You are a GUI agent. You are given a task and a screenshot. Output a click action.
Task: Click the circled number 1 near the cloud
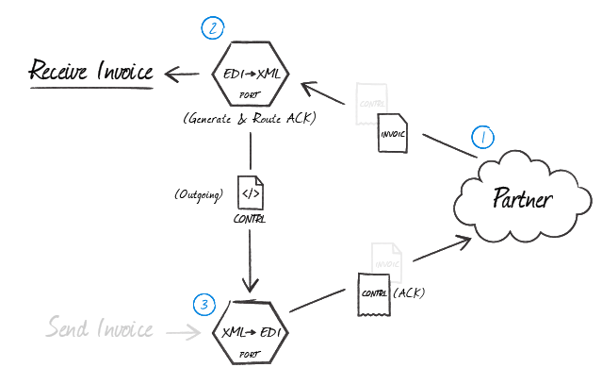click(482, 138)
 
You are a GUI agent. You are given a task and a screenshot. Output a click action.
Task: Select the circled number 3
click(204, 304)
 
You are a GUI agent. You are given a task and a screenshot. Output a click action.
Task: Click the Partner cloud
click(521, 198)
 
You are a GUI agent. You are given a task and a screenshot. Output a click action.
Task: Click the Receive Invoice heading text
click(90, 72)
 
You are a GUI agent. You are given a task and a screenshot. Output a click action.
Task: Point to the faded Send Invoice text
click(100, 329)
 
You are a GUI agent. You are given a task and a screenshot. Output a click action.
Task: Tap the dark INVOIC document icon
click(393, 131)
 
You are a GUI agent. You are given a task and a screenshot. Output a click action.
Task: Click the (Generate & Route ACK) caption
click(250, 121)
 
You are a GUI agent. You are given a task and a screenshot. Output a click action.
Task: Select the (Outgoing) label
click(198, 195)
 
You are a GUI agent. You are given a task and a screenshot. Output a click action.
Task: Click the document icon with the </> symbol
click(250, 193)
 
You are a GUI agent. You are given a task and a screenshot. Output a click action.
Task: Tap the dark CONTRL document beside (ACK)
click(373, 291)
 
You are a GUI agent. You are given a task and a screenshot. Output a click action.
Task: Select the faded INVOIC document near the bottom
click(386, 260)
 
